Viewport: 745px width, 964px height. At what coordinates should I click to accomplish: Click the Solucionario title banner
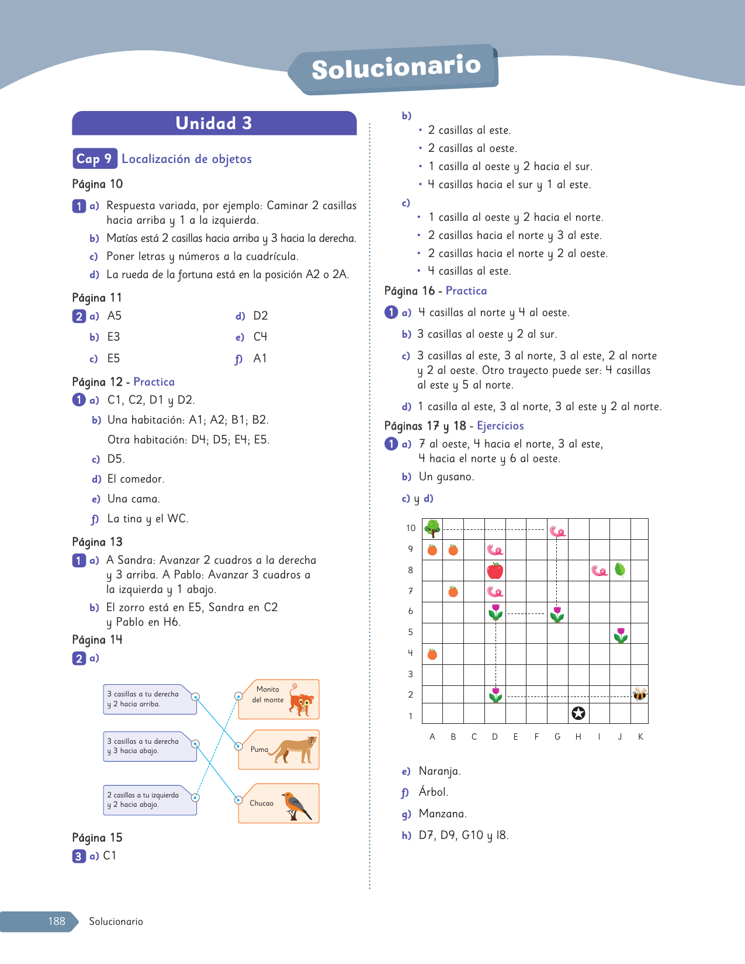396,68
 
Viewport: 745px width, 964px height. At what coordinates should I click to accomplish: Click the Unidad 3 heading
214,123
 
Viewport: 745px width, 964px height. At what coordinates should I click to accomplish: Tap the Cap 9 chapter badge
93,159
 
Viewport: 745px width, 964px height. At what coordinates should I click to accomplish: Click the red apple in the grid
495,570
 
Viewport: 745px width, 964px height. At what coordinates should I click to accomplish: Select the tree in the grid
432,528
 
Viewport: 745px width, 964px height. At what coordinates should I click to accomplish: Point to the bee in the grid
640,693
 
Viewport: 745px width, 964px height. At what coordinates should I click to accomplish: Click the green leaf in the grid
620,570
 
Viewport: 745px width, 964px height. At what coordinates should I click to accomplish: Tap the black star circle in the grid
578,713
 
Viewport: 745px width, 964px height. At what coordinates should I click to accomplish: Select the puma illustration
296,750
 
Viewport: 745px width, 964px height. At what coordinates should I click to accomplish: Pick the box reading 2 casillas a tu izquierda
148,800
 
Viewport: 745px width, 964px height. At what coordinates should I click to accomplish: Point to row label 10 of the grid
411,528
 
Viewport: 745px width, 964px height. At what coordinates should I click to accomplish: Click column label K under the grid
640,737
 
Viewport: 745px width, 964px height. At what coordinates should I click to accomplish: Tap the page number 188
57,921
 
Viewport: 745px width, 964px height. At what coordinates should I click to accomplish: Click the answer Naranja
439,771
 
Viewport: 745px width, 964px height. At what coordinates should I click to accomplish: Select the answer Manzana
442,814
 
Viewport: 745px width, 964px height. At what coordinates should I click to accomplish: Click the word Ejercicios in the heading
500,426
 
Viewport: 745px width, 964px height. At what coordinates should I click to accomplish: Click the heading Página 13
98,542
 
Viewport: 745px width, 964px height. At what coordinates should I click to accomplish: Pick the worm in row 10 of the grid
557,530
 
